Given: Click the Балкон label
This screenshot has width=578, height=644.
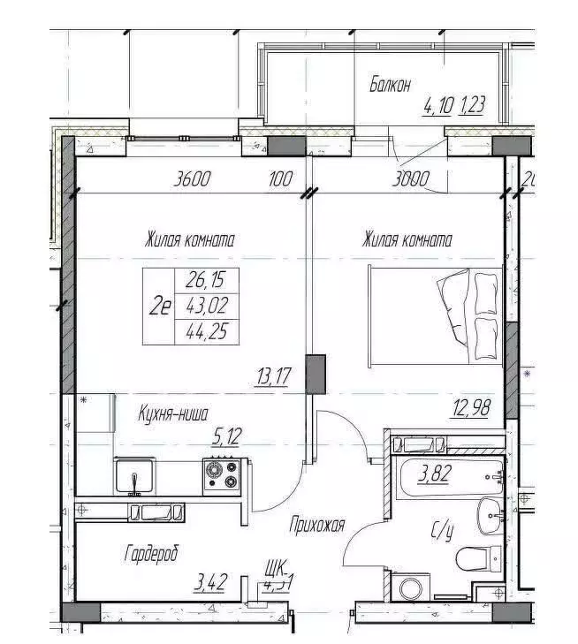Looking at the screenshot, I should click(390, 85).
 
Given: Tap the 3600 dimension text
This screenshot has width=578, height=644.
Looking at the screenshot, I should click(194, 179).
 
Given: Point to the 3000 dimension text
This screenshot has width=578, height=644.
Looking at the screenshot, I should click(411, 179).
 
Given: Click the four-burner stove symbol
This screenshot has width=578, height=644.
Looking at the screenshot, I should click(222, 474).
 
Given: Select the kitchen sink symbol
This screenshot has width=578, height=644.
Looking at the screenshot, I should click(135, 478).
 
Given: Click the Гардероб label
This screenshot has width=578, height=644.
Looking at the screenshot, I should click(151, 554).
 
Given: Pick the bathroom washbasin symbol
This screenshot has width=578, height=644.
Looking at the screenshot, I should click(488, 514).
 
